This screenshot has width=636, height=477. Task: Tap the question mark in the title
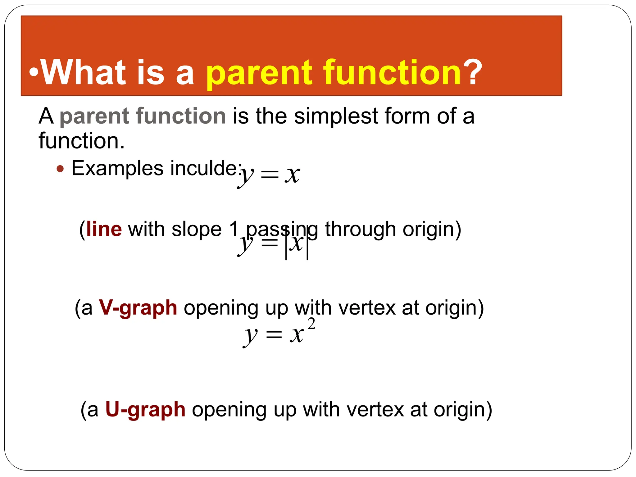click(x=472, y=72)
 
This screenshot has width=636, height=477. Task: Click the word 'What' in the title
click(x=83, y=72)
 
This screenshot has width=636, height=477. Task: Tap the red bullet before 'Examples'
click(x=60, y=169)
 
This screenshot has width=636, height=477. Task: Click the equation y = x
click(x=269, y=175)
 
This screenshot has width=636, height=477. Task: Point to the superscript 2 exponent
click(x=311, y=324)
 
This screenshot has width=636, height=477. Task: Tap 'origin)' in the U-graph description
click(x=463, y=410)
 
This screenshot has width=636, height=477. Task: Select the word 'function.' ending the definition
click(x=81, y=141)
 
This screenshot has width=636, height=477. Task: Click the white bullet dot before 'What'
click(x=34, y=72)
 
